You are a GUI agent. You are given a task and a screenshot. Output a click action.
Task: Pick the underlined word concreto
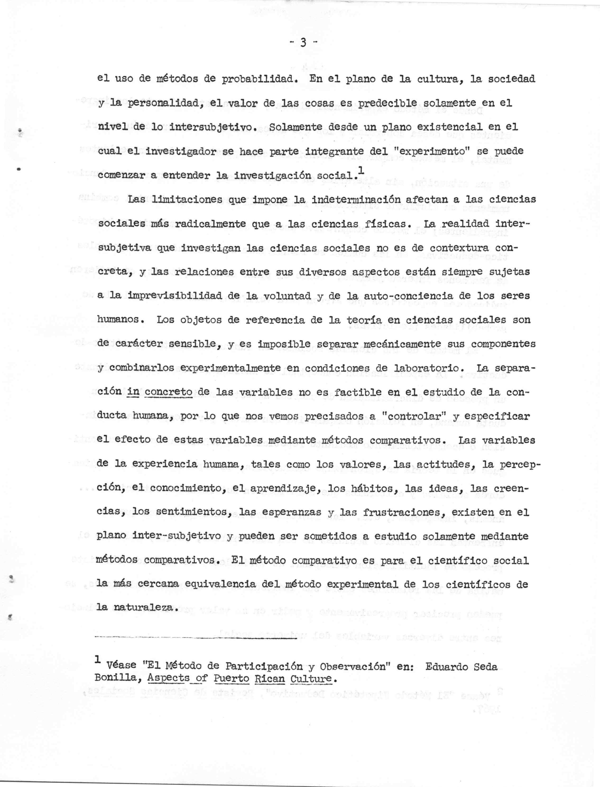[169, 392]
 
